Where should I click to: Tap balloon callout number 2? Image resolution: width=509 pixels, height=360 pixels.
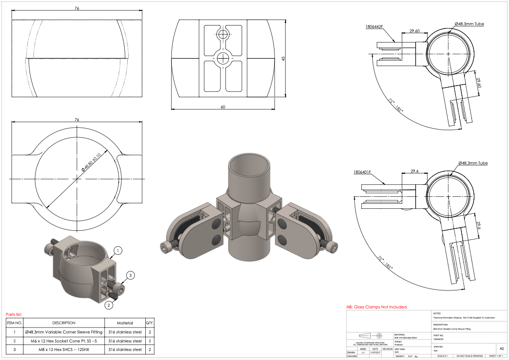[x=108, y=303]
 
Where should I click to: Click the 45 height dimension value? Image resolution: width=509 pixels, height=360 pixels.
[x=284, y=59]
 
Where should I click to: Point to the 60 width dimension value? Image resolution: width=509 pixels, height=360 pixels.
[x=222, y=107]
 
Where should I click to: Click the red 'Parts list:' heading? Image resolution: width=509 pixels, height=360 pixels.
[x=14, y=314]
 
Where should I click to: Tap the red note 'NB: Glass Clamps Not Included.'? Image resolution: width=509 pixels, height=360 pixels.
[x=377, y=307]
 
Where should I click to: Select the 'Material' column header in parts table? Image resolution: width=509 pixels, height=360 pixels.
[x=125, y=323]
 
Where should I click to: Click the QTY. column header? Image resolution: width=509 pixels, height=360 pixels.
[x=150, y=323]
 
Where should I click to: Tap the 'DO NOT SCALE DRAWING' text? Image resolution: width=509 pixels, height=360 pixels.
[x=469, y=356]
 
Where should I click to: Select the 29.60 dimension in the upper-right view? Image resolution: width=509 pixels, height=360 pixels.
[x=414, y=31]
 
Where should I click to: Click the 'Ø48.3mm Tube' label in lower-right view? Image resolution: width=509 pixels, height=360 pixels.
[x=472, y=163]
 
